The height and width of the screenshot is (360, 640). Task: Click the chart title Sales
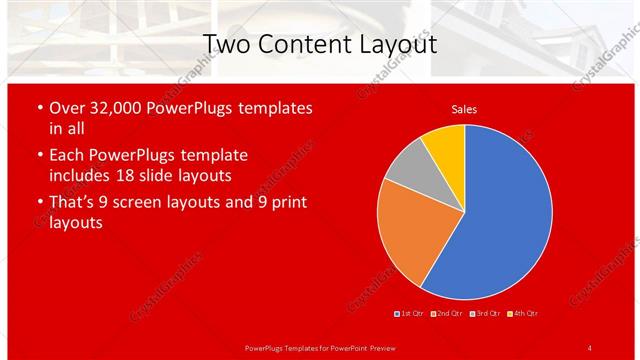[464, 109]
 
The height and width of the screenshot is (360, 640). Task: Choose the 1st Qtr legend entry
[410, 313]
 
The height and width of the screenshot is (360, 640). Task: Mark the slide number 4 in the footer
[590, 347]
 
